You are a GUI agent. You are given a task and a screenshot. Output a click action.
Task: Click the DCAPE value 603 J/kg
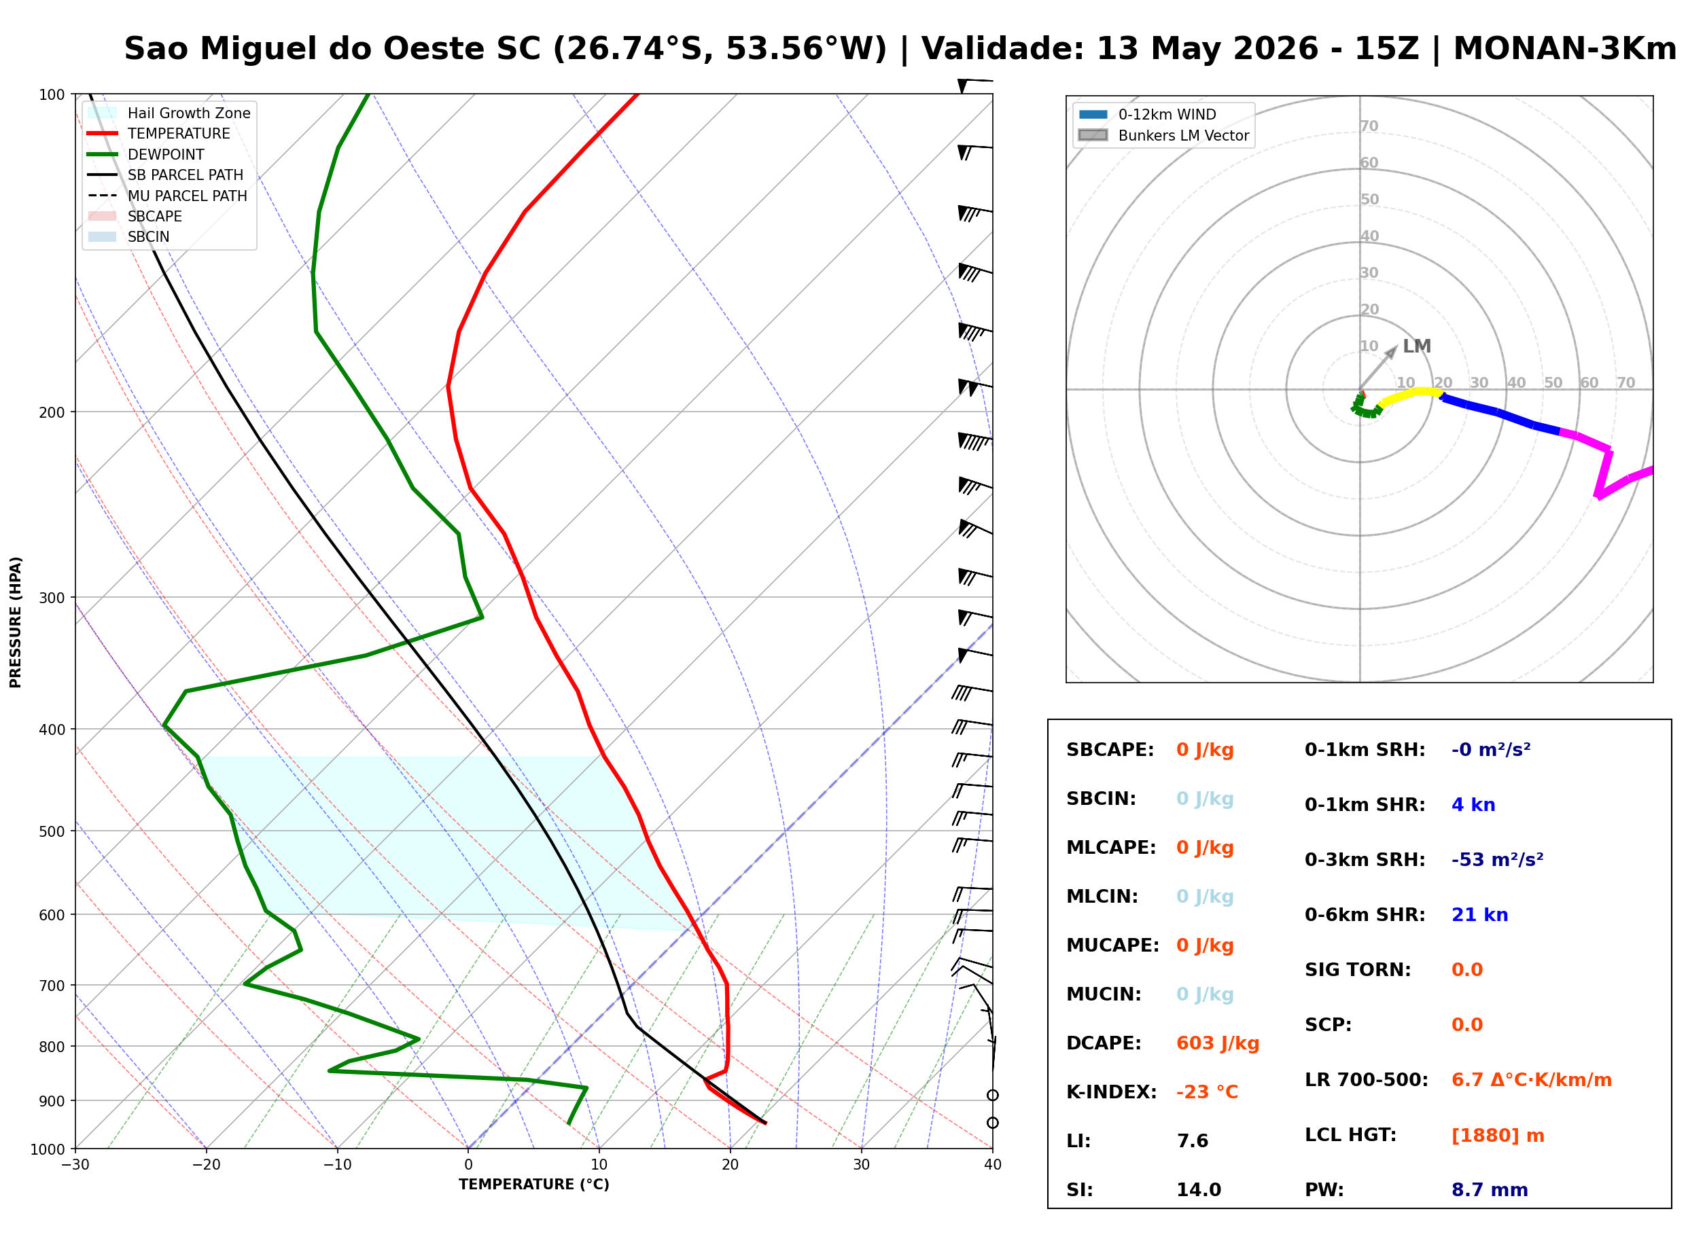pos(1217,1043)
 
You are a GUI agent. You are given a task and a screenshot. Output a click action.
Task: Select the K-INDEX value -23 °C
pos(1206,1092)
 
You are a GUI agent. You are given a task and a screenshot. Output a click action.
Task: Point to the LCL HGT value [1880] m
pos(1498,1136)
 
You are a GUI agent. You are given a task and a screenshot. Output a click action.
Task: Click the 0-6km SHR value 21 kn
pos(1479,915)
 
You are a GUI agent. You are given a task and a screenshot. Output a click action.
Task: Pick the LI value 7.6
pos(1192,1140)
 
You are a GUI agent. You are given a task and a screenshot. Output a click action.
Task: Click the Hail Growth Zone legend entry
pos(169,113)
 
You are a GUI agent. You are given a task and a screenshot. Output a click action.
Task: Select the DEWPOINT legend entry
pos(146,154)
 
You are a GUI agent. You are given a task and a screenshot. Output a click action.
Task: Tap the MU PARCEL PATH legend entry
pos(168,196)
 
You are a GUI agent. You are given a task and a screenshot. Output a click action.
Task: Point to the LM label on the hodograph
pos(1416,346)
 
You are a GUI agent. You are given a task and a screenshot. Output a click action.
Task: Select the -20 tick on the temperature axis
pos(205,1165)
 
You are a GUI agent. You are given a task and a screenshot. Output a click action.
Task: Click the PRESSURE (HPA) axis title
pos(15,622)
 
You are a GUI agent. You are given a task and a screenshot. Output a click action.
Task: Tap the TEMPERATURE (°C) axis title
pos(533,1185)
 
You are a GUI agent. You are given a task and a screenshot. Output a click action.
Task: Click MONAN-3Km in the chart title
pos(1564,49)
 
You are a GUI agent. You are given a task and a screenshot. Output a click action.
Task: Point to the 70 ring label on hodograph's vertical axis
pos(1369,126)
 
